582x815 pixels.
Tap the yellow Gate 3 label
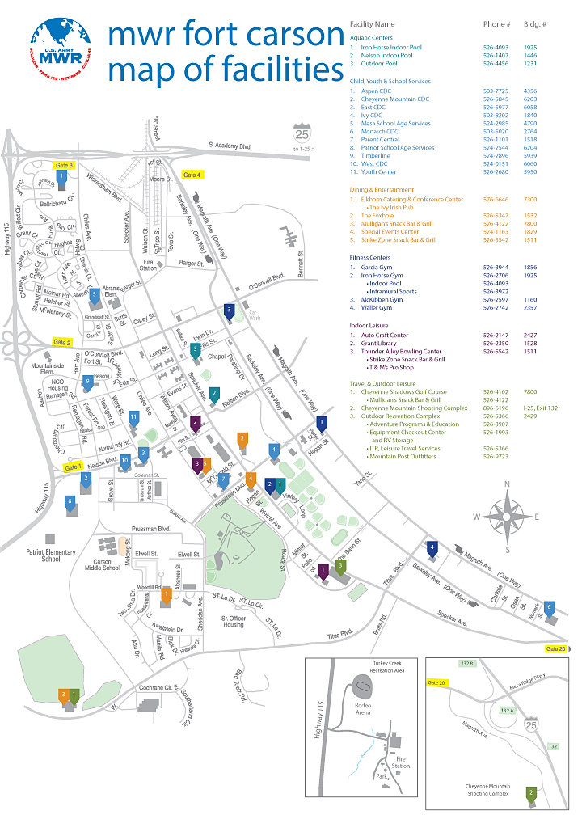[x=64, y=165]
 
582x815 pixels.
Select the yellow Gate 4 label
[x=192, y=175]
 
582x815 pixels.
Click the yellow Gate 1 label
[x=73, y=467]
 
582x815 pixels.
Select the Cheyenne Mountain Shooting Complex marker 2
[x=531, y=794]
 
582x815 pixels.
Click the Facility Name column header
[x=372, y=24]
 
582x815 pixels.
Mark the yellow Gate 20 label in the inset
[x=437, y=683]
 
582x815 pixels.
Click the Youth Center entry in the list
[x=378, y=171]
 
